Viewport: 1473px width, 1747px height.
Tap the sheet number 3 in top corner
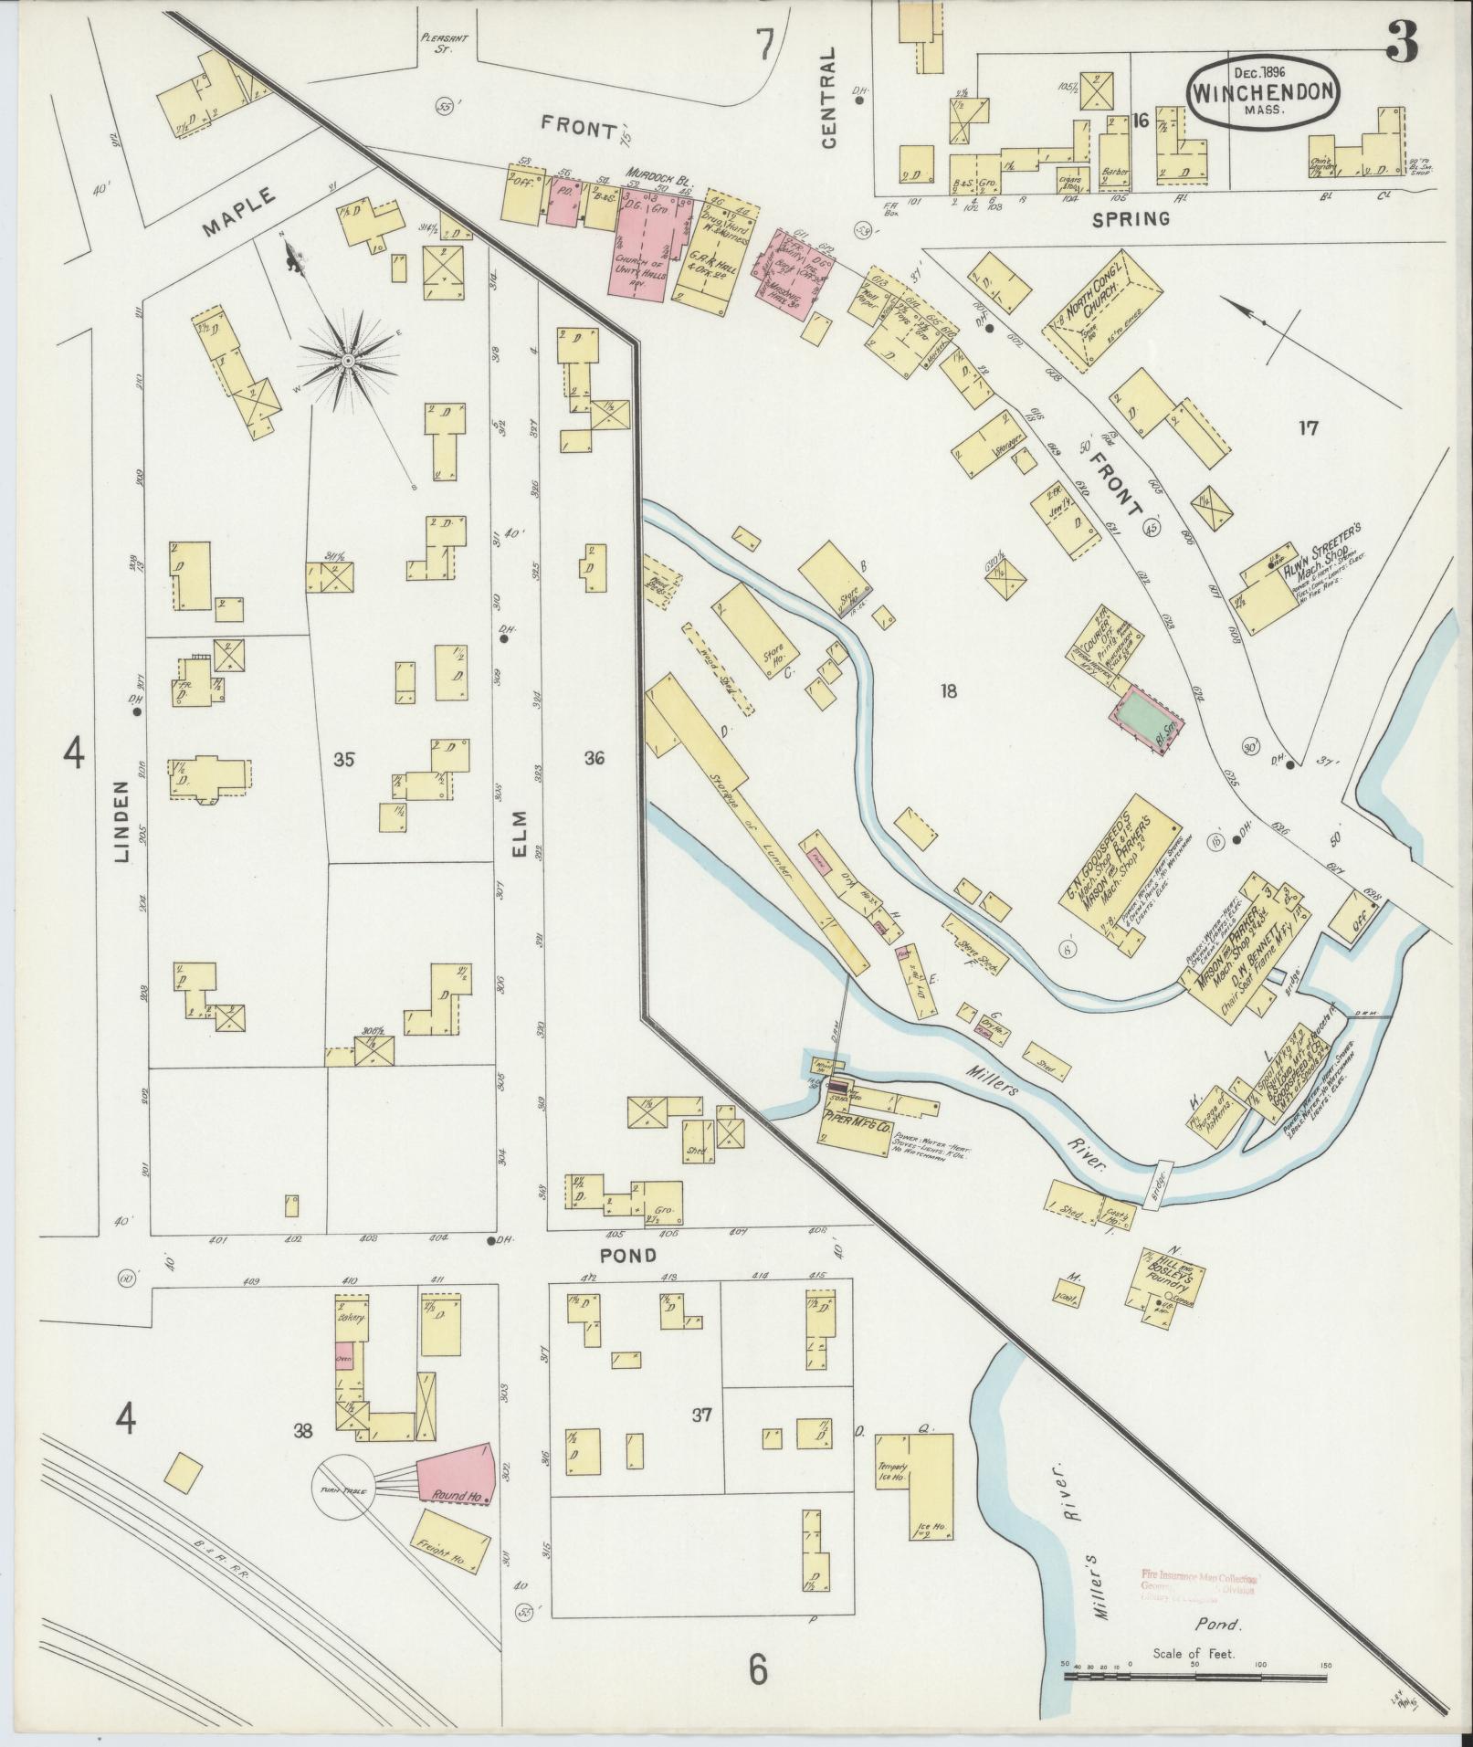click(x=1402, y=40)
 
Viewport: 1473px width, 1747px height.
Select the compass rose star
click(x=348, y=363)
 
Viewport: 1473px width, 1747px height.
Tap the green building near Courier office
click(x=1146, y=719)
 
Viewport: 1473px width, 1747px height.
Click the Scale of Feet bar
click(x=1195, y=1678)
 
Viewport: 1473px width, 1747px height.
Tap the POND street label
click(x=628, y=1256)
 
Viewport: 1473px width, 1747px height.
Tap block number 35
click(x=344, y=759)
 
